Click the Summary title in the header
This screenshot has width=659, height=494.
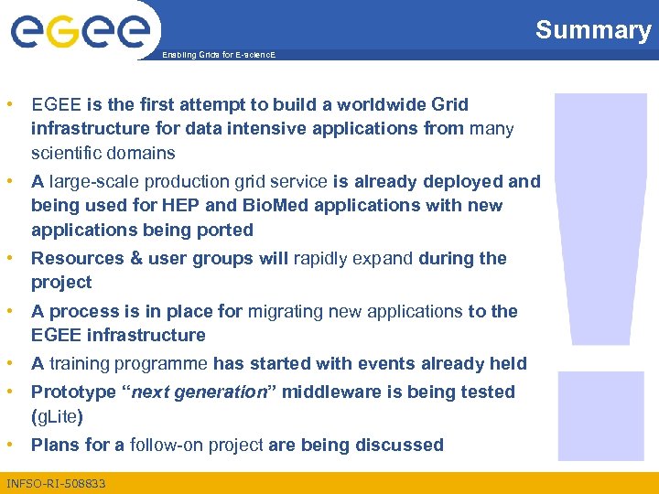tap(592, 30)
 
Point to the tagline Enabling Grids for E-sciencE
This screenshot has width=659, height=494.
tap(218, 55)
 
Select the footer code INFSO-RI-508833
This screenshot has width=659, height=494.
tap(56, 482)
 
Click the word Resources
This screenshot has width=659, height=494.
tap(75, 259)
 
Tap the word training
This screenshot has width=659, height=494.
tap(81, 364)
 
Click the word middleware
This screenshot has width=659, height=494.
tap(321, 392)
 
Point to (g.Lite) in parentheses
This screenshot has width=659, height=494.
tap(57, 416)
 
